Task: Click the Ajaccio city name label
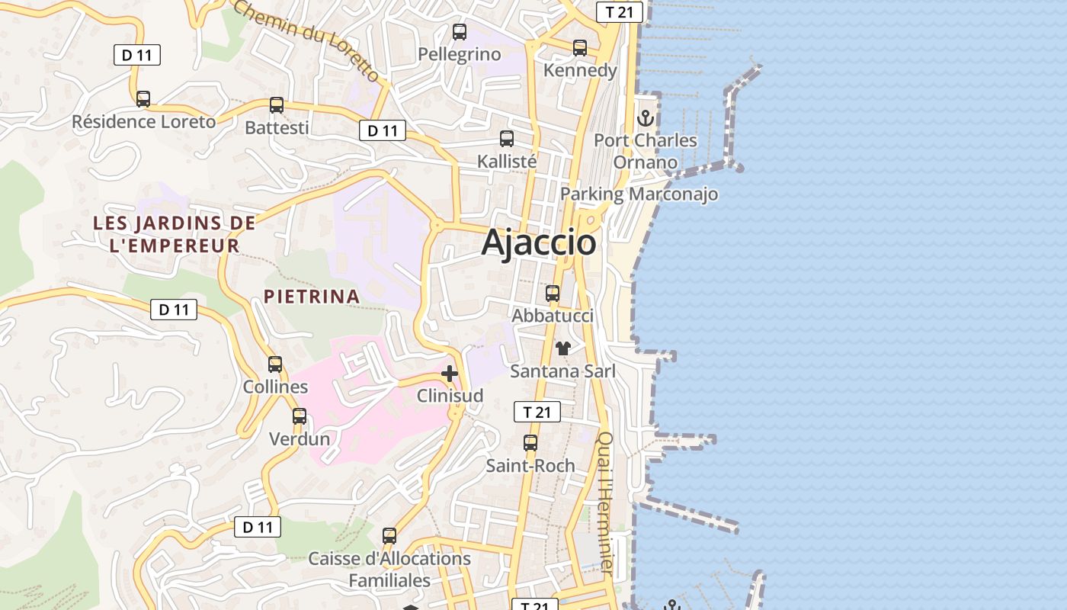[x=539, y=242]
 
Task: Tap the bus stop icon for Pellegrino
[x=459, y=32]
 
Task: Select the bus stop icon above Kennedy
[x=580, y=48]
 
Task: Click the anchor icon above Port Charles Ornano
[x=646, y=118]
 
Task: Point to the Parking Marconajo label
[x=639, y=194]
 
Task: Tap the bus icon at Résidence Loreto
[x=143, y=99]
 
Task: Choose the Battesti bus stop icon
[x=277, y=105]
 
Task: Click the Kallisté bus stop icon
[x=507, y=139]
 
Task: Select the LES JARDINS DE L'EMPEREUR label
[x=175, y=234]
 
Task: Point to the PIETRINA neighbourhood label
[x=311, y=296]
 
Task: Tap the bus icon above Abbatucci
[x=553, y=294]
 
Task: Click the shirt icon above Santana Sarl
[x=563, y=349]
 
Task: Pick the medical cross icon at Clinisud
[x=450, y=374]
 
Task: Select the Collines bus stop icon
[x=275, y=364]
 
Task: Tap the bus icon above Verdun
[x=300, y=416]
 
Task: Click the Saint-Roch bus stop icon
[x=530, y=443]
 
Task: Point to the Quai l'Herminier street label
[x=606, y=503]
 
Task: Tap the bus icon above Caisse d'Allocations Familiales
[x=389, y=536]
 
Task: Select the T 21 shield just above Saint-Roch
[x=537, y=413]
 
